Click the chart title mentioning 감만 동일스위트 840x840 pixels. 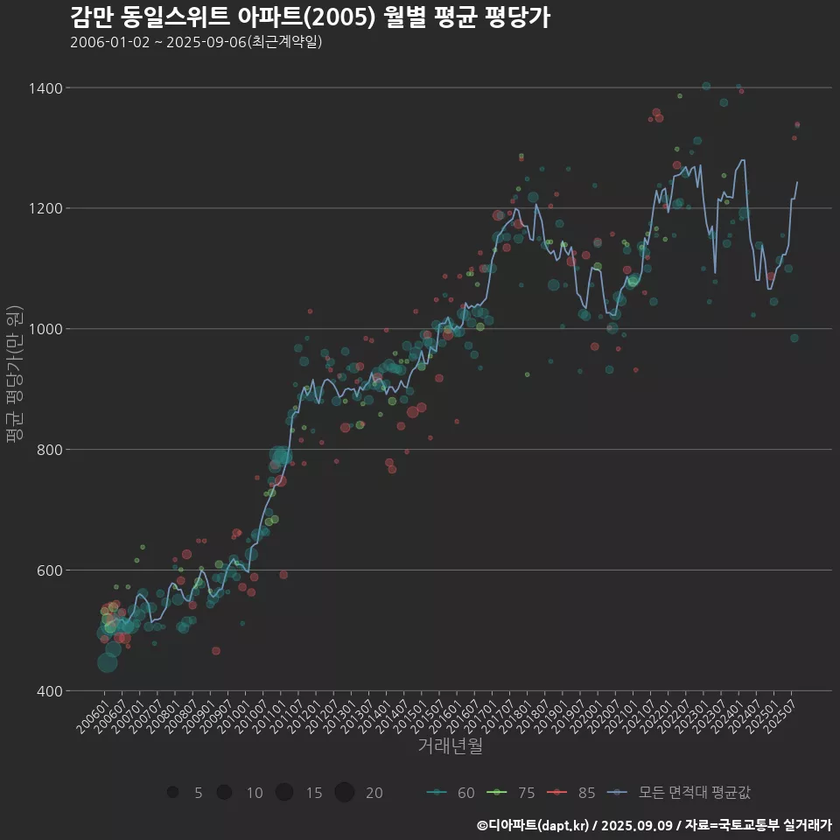[310, 17]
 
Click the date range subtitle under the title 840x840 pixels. [196, 42]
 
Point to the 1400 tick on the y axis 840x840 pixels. [45, 88]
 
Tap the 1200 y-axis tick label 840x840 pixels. [45, 209]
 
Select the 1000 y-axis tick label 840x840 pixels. [45, 330]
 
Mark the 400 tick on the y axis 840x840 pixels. [49, 692]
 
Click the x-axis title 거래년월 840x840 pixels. [450, 746]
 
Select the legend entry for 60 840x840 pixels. [451, 793]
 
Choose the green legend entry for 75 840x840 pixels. [512, 793]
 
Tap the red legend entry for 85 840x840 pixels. [572, 793]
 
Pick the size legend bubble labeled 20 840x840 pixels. [344, 793]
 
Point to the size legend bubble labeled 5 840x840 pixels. [172, 793]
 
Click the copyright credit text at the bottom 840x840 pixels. [654, 825]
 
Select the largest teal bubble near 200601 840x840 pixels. [107, 662]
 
